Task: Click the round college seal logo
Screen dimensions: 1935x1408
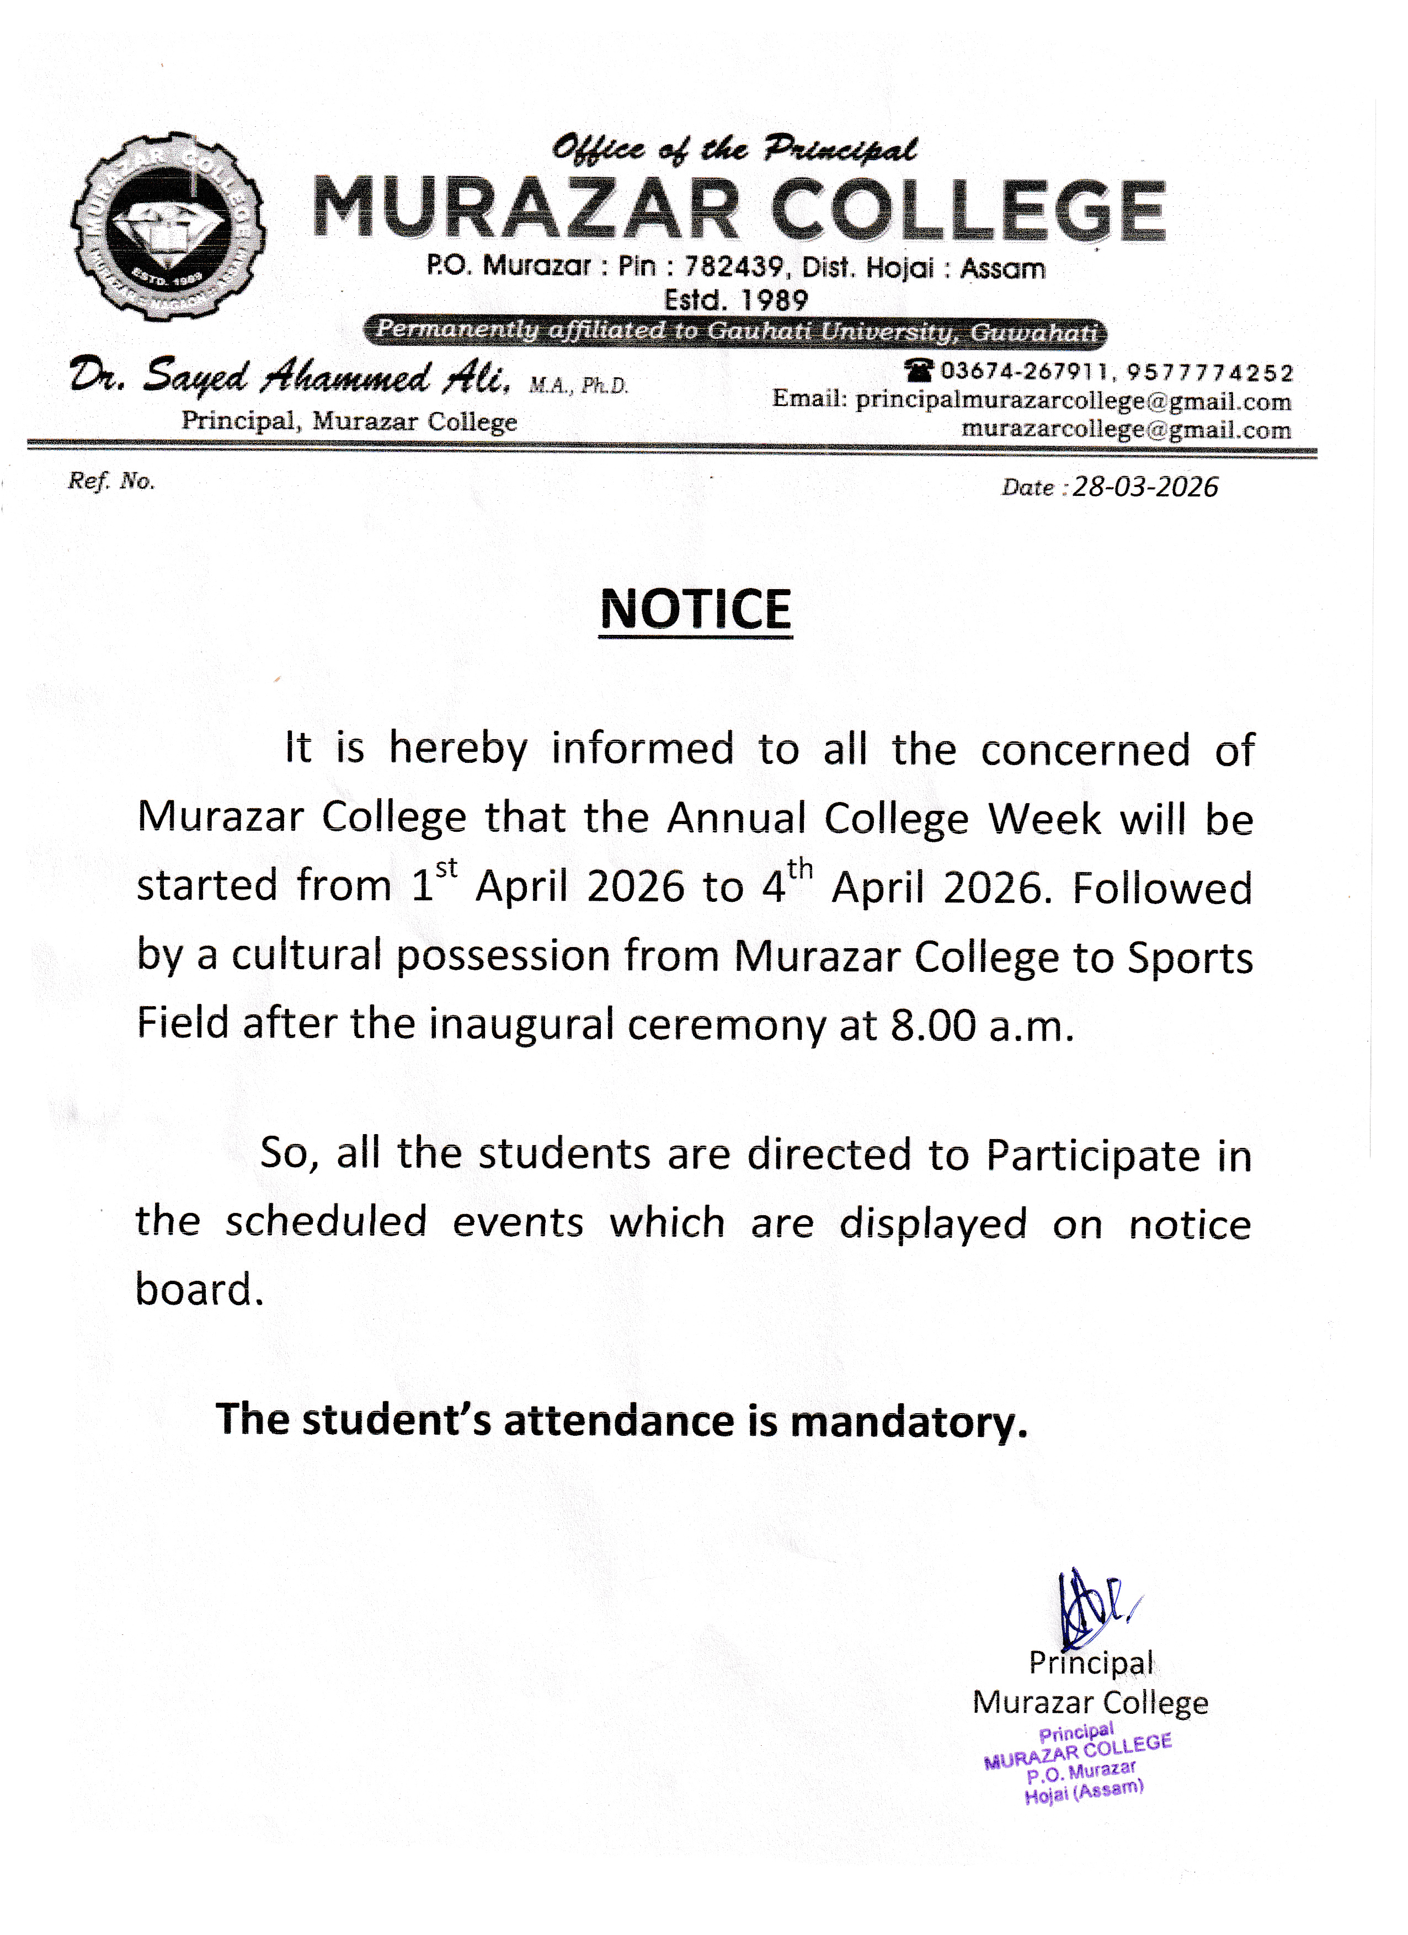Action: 168,226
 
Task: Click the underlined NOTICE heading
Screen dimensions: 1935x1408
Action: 696,610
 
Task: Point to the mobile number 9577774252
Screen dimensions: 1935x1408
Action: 1210,373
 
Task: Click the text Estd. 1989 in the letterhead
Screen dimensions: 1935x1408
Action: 735,300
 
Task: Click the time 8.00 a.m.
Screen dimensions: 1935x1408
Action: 982,1025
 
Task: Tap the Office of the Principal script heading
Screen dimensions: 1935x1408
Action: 734,149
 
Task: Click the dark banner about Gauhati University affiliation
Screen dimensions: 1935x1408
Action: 735,331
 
